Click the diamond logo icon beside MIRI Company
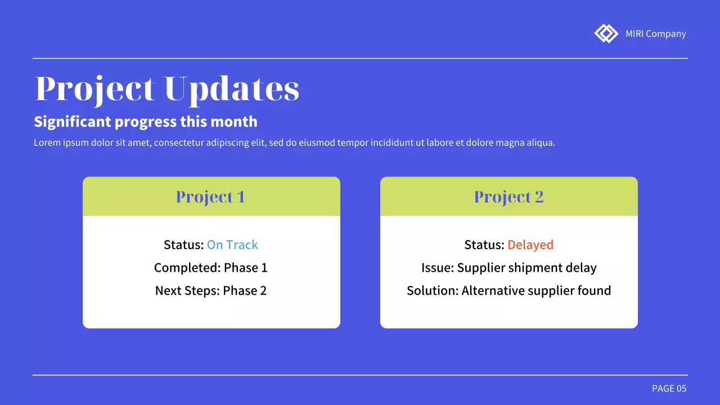pos(606,34)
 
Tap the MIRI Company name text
pos(655,34)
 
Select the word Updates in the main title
pos(232,89)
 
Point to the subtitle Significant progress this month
pos(146,121)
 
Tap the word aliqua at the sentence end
pos(541,143)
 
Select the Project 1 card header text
pos(210,197)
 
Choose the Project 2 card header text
pos(508,197)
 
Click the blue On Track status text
pos(232,245)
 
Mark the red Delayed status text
pos(530,245)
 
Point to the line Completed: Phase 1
pos(211,268)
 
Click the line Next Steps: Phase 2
pos(211,291)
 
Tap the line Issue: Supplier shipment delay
pos(508,268)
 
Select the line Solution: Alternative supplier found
pos(508,291)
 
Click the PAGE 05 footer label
pos(669,389)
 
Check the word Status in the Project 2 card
pos(484,245)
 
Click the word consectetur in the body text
pos(179,143)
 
